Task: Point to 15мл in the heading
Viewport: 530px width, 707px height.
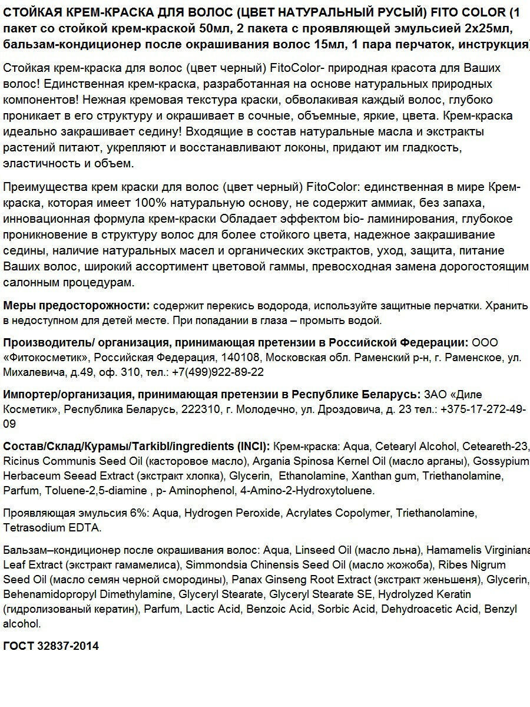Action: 314,44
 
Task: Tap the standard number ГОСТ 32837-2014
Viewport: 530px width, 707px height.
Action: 51,646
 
